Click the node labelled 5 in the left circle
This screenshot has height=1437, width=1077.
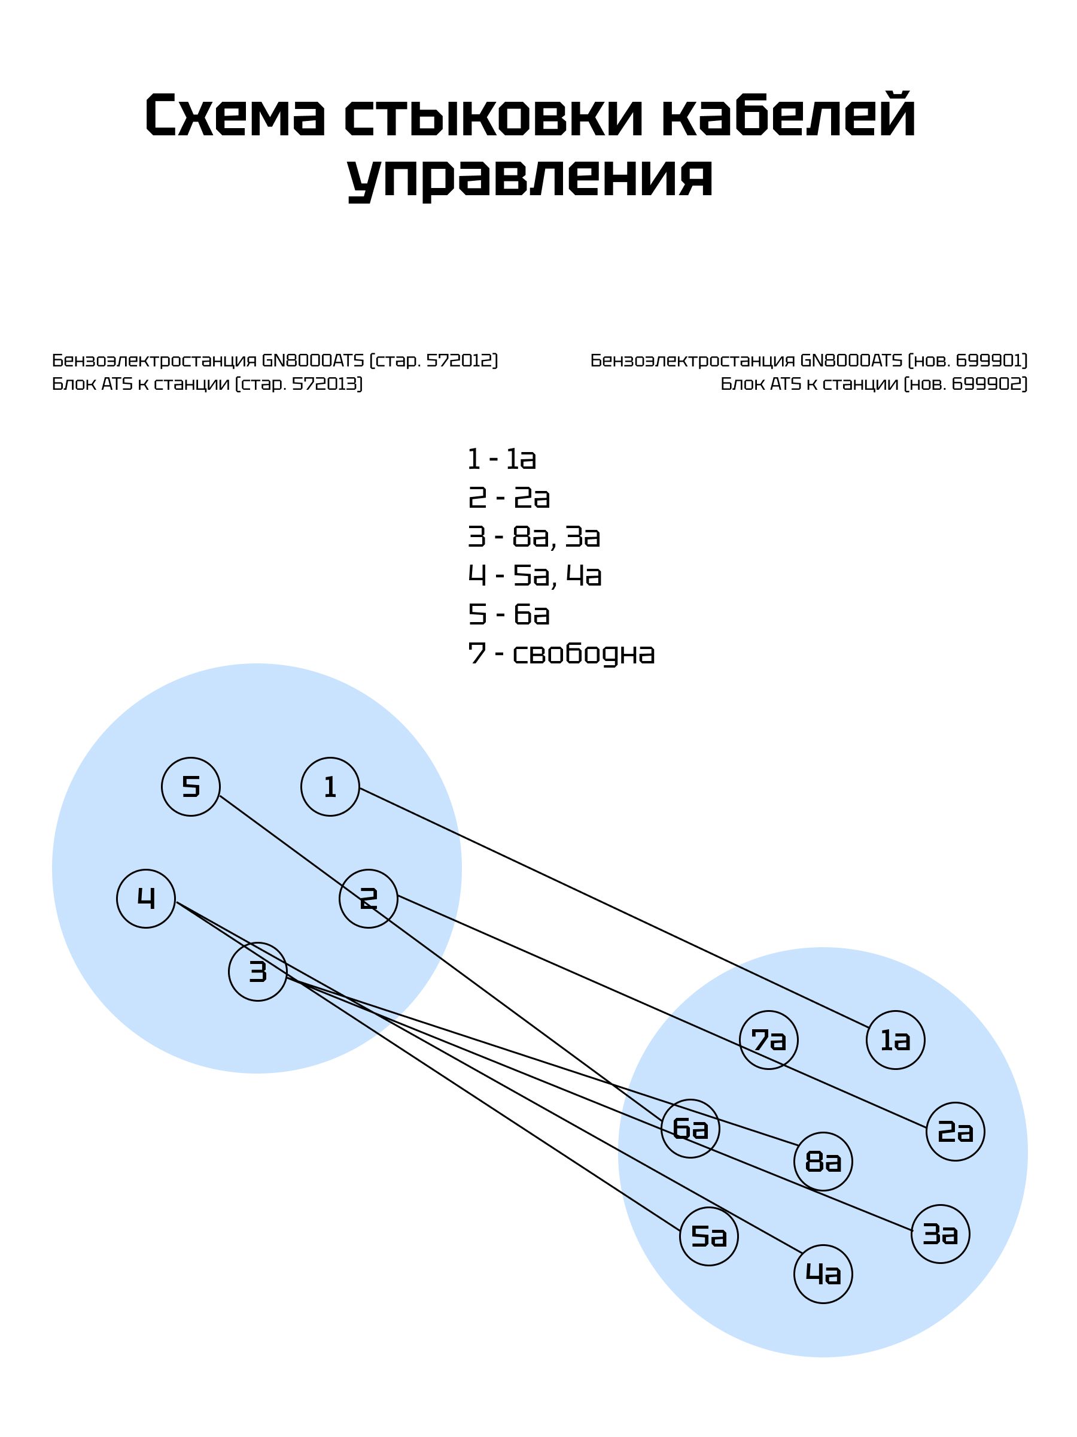[x=190, y=787]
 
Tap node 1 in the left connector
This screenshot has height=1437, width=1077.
[x=330, y=787]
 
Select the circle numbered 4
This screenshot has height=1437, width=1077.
[x=146, y=899]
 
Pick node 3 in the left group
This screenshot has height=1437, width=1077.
[x=258, y=972]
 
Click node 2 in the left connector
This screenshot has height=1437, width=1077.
[x=368, y=899]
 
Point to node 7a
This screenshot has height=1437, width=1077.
[x=769, y=1040]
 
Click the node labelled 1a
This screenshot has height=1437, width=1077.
[x=895, y=1040]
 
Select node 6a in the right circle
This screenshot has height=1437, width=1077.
[x=690, y=1129]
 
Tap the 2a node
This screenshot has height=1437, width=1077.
[x=955, y=1132]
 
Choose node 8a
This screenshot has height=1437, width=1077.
[x=823, y=1162]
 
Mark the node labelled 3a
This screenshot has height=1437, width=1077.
[x=940, y=1233]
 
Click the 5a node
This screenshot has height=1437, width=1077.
[x=709, y=1236]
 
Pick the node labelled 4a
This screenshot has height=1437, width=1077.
[x=823, y=1274]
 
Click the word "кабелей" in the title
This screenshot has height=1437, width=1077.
[x=788, y=116]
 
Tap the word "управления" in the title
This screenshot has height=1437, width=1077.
[x=530, y=178]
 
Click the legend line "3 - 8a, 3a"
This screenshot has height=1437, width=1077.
[x=534, y=537]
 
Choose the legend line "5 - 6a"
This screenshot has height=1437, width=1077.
[x=509, y=614]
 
